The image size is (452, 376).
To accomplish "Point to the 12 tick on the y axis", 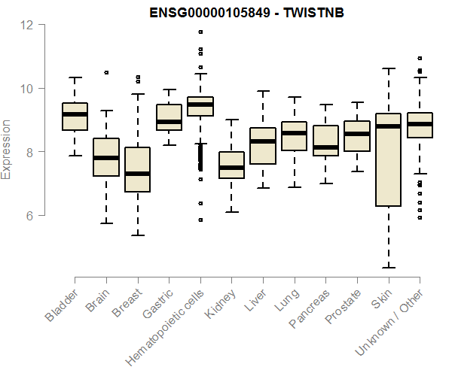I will (28, 25).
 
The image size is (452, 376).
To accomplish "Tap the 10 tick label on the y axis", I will (28, 89).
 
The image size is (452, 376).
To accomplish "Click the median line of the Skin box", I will (388, 126).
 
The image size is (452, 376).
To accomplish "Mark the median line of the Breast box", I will (137, 174).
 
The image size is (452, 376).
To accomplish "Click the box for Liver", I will (263, 145).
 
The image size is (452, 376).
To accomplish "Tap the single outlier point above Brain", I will (106, 72).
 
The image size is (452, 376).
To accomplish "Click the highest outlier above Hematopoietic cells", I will (200, 32).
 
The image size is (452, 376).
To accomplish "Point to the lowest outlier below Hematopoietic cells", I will (200, 220).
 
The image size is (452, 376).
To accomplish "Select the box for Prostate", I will (357, 135).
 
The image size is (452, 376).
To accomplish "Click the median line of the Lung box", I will (294, 133).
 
